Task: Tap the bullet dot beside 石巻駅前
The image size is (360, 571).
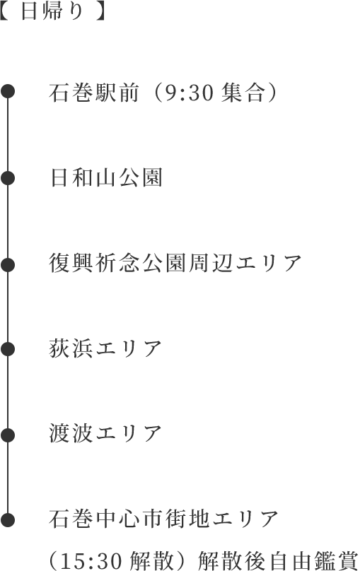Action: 8,91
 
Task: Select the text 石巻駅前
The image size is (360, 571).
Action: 93,93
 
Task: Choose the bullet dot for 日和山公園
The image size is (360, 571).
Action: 8,178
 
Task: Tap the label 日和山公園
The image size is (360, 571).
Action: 105,178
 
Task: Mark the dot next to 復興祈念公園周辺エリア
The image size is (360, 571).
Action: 8,265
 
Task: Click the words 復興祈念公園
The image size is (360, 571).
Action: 118,264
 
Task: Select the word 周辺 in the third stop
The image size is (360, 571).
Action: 211,264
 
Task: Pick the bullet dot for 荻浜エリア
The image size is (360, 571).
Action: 8,350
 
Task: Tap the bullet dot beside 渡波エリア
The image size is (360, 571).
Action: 8,435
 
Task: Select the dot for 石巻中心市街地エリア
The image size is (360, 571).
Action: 8,520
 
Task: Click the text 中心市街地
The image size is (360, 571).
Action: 153,519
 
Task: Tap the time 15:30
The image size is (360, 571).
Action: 91,561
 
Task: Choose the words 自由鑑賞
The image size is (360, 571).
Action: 313,561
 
